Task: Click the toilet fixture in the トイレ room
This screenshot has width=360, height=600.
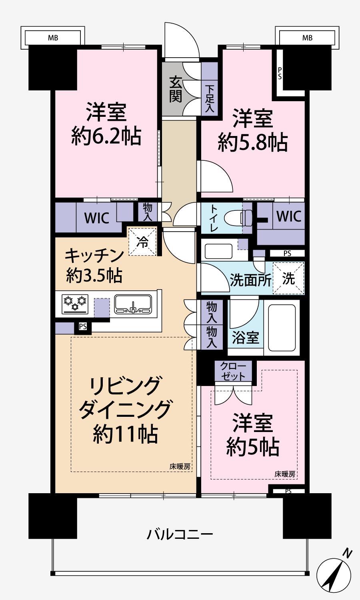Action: [236, 219]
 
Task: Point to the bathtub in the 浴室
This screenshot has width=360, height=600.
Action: [282, 327]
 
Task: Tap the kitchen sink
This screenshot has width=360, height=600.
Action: [133, 304]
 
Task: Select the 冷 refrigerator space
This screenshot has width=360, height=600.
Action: [142, 242]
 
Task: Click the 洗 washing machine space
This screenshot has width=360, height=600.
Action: [288, 278]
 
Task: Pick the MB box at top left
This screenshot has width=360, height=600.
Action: [53, 38]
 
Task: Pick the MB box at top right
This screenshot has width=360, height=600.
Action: [307, 38]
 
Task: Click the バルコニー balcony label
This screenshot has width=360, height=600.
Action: [180, 534]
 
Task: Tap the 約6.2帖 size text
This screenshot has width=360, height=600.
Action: [106, 137]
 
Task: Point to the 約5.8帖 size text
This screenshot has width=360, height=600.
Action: [252, 142]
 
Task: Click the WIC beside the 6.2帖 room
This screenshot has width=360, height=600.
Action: [96, 218]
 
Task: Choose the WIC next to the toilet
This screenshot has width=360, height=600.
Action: [289, 216]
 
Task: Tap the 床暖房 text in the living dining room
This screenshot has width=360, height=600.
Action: [180, 466]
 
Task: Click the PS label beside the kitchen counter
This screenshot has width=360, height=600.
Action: [83, 326]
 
